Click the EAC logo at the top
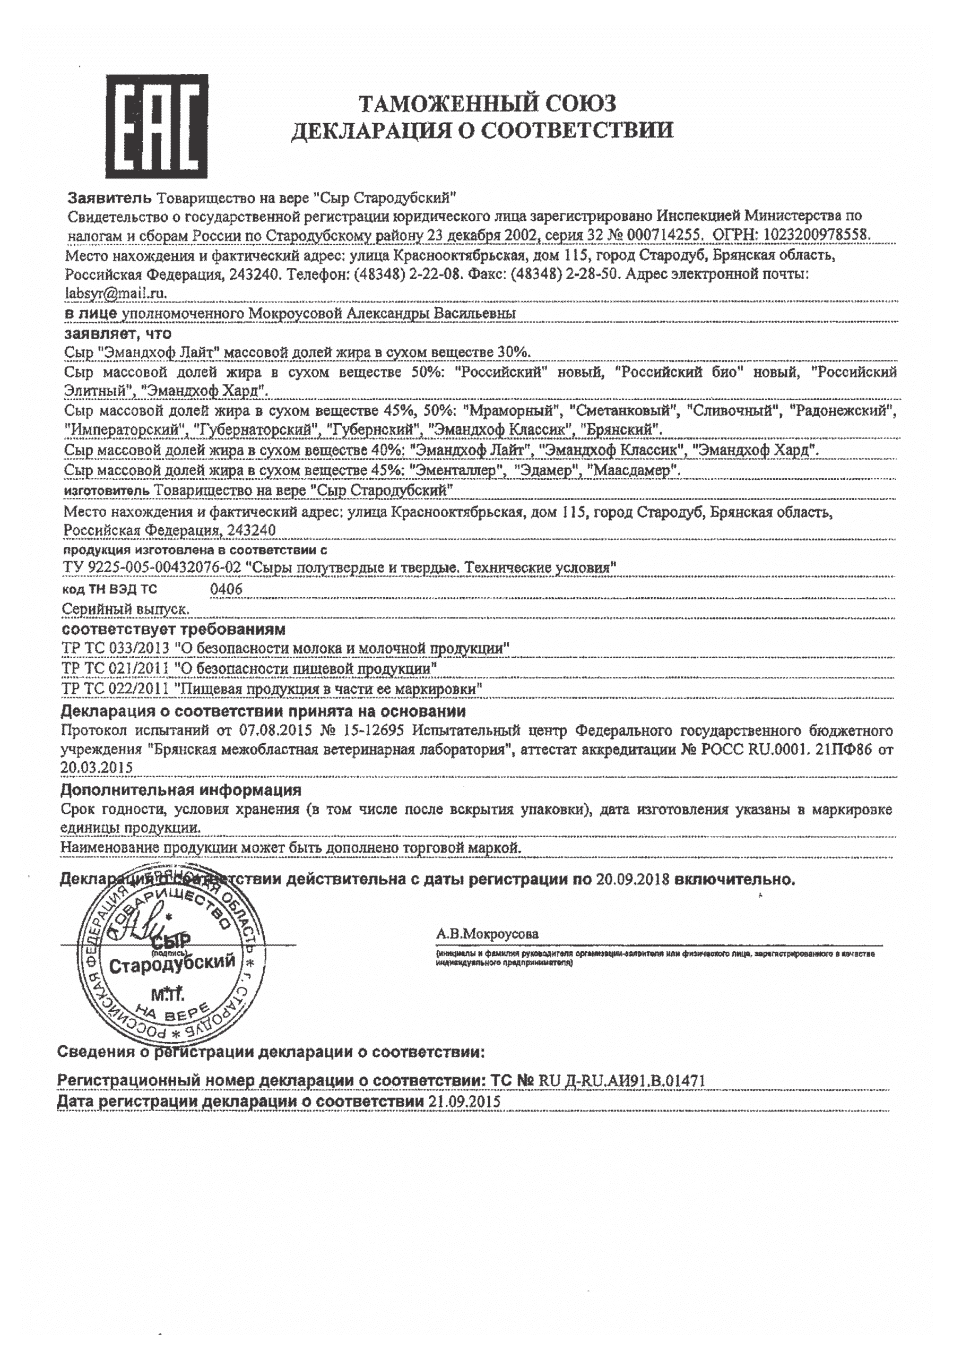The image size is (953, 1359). pos(157,125)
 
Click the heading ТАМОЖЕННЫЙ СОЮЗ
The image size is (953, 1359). pos(488,103)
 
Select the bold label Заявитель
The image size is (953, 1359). pos(109,196)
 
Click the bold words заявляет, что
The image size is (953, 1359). pos(118,333)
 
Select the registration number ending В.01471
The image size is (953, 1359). pos(622,1080)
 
